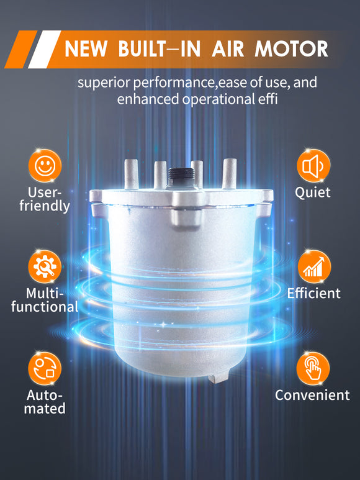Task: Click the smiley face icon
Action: [45, 166]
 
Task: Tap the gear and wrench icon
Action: [45, 266]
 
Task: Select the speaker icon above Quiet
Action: [313, 166]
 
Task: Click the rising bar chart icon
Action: [314, 266]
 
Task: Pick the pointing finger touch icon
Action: [313, 368]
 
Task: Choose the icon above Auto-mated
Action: [45, 368]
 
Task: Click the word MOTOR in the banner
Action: [291, 49]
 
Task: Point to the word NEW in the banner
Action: [86, 49]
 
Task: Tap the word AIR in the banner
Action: [228, 49]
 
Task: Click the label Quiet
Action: [313, 193]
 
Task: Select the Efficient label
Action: [314, 293]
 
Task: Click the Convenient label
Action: [312, 395]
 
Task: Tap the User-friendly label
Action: [45, 199]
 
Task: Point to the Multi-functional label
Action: [45, 300]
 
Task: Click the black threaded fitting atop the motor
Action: [181, 177]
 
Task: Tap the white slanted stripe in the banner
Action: [45, 49]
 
